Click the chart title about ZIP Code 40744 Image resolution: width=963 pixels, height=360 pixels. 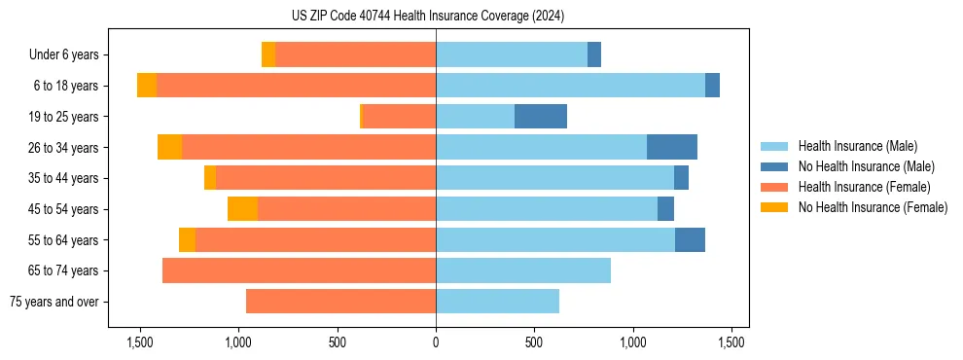[x=427, y=16]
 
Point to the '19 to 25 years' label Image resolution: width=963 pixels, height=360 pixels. [x=63, y=117]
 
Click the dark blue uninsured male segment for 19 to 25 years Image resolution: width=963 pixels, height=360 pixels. [x=540, y=117]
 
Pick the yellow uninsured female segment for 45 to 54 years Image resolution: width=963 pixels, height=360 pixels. [x=242, y=209]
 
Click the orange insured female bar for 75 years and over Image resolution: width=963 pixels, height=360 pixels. [x=340, y=302]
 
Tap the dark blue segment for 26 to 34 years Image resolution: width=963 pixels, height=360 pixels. [x=672, y=147]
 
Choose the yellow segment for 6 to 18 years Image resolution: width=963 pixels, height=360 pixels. [x=147, y=86]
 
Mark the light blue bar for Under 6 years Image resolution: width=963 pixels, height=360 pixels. [x=512, y=54]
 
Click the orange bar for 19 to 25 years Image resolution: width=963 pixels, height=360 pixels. [x=399, y=117]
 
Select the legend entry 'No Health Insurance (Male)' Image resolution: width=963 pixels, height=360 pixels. [x=866, y=166]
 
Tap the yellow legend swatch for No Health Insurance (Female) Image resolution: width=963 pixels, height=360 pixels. [x=774, y=207]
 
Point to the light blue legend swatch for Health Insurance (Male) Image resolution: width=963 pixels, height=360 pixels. [x=774, y=146]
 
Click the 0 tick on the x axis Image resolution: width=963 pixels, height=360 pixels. [x=436, y=342]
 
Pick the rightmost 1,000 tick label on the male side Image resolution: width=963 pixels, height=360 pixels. [x=632, y=342]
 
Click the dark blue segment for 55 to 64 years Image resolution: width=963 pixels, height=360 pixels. [x=690, y=239]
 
